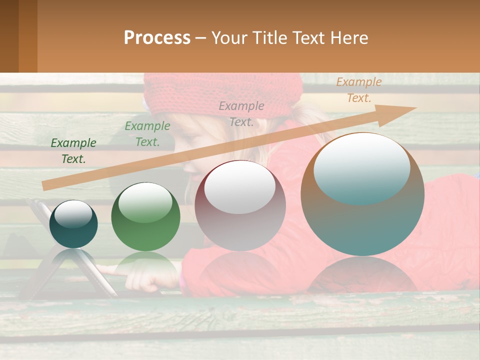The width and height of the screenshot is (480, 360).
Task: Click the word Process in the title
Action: pyautogui.click(x=157, y=37)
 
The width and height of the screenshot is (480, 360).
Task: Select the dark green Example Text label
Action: pyautogui.click(x=73, y=151)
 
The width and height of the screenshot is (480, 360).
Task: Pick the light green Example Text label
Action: pyautogui.click(x=147, y=134)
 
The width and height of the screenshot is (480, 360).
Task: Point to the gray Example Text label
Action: pyautogui.click(x=241, y=113)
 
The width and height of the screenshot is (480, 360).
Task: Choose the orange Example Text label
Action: pyautogui.click(x=358, y=90)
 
